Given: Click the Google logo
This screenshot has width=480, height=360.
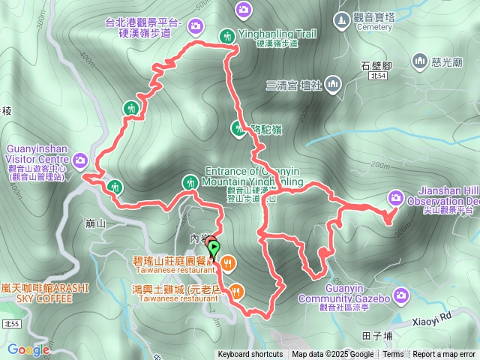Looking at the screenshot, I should click(29, 349).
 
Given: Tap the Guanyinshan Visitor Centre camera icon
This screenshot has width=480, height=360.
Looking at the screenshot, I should click(80, 159).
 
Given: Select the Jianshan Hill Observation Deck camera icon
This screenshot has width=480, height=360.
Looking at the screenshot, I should click(395, 198).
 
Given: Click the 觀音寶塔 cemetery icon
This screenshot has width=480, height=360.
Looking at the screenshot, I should click(341, 18).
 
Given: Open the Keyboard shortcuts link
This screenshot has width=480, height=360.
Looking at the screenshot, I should click(250, 355).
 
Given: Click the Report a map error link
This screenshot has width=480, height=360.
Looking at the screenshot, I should click(444, 355).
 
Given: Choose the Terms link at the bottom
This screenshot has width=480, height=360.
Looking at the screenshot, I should click(393, 355).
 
